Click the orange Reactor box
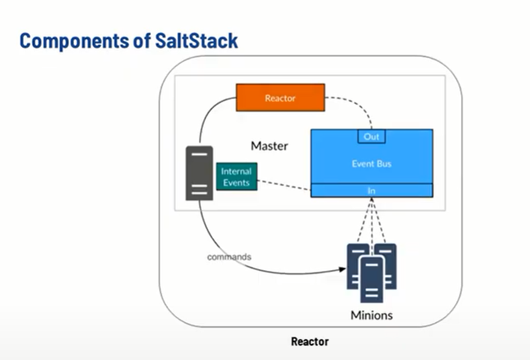281,97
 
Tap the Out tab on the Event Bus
371,136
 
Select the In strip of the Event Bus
372,190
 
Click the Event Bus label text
372,163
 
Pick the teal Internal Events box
236,177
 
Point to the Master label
269,146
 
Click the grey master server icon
199,173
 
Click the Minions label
371,315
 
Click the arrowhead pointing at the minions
344,269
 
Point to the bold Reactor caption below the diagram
310,342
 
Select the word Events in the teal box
236,183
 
